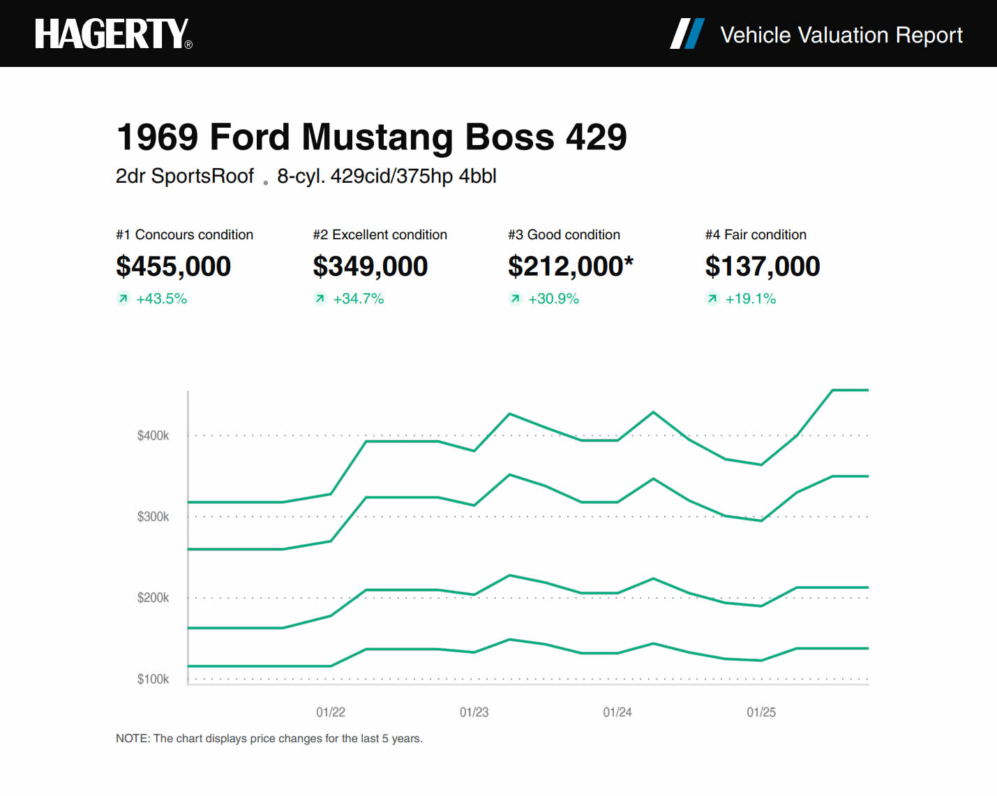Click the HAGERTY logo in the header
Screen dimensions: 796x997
click(x=112, y=34)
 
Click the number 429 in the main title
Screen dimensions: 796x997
click(x=596, y=137)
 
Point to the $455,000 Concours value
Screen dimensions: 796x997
click(x=173, y=266)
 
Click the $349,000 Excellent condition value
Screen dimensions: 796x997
click(x=370, y=266)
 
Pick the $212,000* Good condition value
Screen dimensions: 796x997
click(x=570, y=266)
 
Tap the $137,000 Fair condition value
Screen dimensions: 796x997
click(x=762, y=266)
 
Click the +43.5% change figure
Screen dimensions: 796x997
click(x=161, y=299)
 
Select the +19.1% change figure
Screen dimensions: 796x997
click(x=750, y=299)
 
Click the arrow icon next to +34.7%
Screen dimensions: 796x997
click(x=320, y=299)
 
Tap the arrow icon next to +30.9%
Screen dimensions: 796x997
click(x=515, y=299)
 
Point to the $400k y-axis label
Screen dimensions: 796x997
click(x=153, y=436)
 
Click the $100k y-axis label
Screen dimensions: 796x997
click(x=153, y=679)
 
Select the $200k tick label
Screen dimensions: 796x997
click(x=153, y=598)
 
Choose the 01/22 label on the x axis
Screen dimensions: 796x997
click(x=331, y=712)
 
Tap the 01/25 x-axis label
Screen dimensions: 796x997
click(x=761, y=712)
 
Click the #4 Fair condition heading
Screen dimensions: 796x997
click(x=756, y=235)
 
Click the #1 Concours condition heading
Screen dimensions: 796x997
click(x=184, y=235)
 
